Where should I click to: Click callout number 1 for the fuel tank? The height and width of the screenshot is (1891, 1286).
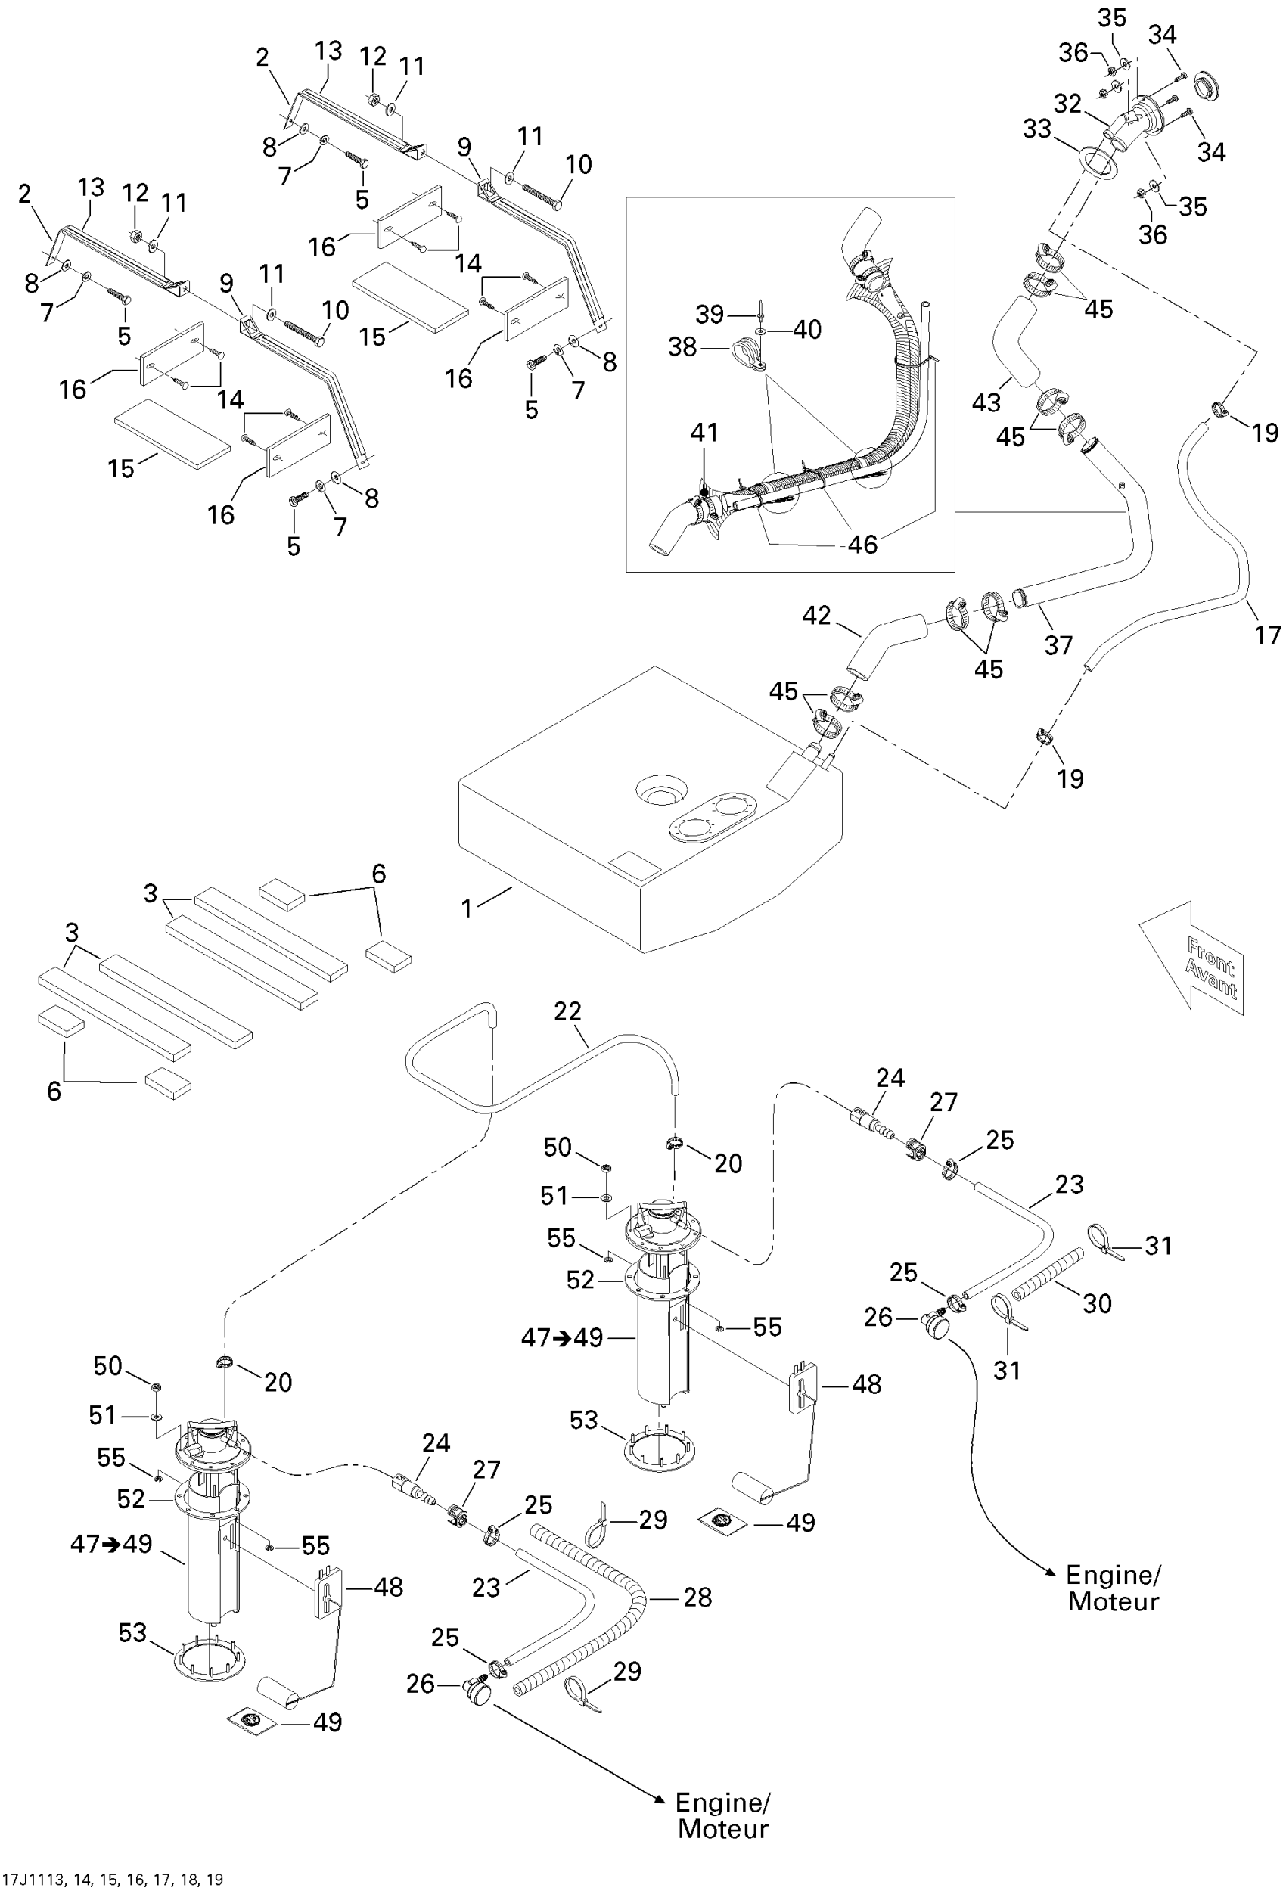pyautogui.click(x=467, y=909)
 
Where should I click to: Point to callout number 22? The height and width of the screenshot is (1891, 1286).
pyautogui.click(x=567, y=1011)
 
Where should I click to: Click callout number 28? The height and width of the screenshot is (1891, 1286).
pyautogui.click(x=697, y=1598)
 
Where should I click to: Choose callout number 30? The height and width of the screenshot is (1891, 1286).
pyautogui.click(x=1097, y=1303)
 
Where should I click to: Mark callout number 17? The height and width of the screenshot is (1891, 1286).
pyautogui.click(x=1267, y=635)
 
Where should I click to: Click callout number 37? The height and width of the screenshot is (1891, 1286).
pyautogui.click(x=1058, y=645)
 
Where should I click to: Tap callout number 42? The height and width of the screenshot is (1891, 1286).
pyautogui.click(x=816, y=615)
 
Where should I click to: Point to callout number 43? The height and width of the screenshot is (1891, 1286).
pyautogui.click(x=986, y=402)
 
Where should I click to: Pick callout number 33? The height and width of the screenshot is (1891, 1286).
pyautogui.click(x=1037, y=129)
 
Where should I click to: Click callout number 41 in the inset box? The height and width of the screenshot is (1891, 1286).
pyautogui.click(x=704, y=432)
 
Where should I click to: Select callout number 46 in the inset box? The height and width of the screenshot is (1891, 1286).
pyautogui.click(x=863, y=544)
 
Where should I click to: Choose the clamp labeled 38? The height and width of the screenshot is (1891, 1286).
pyautogui.click(x=747, y=356)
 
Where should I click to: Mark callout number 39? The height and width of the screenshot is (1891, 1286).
pyautogui.click(x=709, y=314)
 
